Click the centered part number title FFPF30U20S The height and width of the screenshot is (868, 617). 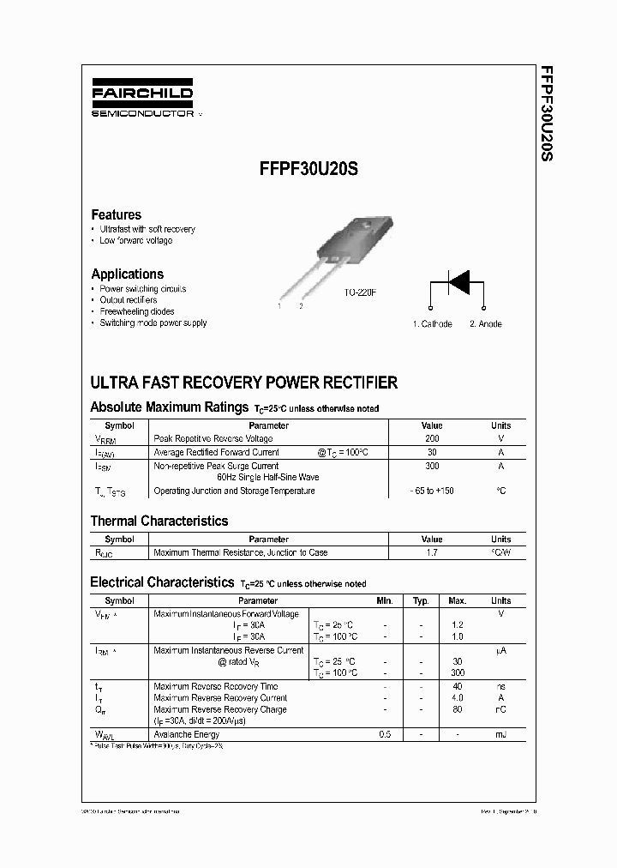tap(308, 170)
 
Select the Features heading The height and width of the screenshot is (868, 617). tap(116, 214)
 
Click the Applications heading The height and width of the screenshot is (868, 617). tap(127, 274)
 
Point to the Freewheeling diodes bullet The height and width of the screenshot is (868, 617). tap(137, 312)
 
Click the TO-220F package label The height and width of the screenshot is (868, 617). tap(360, 293)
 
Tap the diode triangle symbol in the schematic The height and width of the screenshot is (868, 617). tap(460, 282)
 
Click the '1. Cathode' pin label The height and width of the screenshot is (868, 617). tap(432, 324)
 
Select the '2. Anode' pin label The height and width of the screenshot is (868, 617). tap(486, 324)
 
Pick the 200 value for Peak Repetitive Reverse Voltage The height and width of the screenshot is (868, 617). tap(432, 438)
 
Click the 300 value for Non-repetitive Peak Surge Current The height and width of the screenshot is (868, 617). tap(432, 466)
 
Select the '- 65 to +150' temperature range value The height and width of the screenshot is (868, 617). tap(432, 491)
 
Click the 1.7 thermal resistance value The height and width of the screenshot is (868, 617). tap(432, 553)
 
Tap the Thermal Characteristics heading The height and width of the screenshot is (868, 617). tap(159, 521)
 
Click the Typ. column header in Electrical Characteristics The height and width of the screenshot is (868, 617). tap(421, 601)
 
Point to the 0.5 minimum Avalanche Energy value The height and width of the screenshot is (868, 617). tap(385, 735)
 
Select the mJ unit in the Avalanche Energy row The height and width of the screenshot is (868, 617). tap(500, 735)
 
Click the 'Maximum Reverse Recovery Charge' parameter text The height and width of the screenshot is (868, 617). tap(219, 710)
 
